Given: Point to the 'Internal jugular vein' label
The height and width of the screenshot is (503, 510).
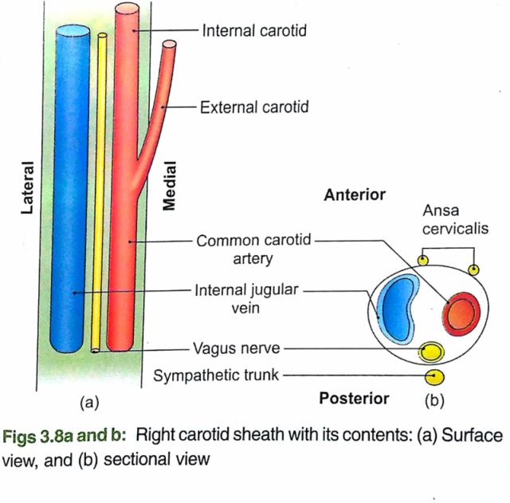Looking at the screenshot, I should point(244,300).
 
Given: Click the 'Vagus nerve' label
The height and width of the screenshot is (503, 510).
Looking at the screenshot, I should point(237,348).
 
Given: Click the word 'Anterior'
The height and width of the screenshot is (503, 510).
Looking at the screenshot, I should point(355,195).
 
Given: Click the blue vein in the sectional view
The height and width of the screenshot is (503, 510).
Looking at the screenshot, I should point(398,309).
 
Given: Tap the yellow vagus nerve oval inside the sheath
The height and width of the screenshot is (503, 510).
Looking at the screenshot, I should point(432,351).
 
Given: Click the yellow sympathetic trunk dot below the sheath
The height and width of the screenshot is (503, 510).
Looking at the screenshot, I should point(434,375).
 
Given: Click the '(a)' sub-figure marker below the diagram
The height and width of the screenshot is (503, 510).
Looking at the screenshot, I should point(89,399).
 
